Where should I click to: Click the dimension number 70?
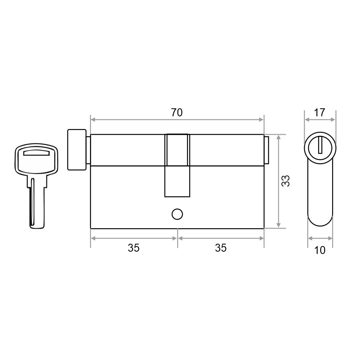point(177,112)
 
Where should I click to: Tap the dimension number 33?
point(286,181)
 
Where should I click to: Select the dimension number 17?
point(319,112)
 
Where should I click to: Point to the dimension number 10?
point(320,250)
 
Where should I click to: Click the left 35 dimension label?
point(134,248)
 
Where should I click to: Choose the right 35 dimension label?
point(221,248)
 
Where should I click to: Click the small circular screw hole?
point(177,214)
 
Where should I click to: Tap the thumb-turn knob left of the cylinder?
point(77,150)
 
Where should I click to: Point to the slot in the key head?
point(37,153)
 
